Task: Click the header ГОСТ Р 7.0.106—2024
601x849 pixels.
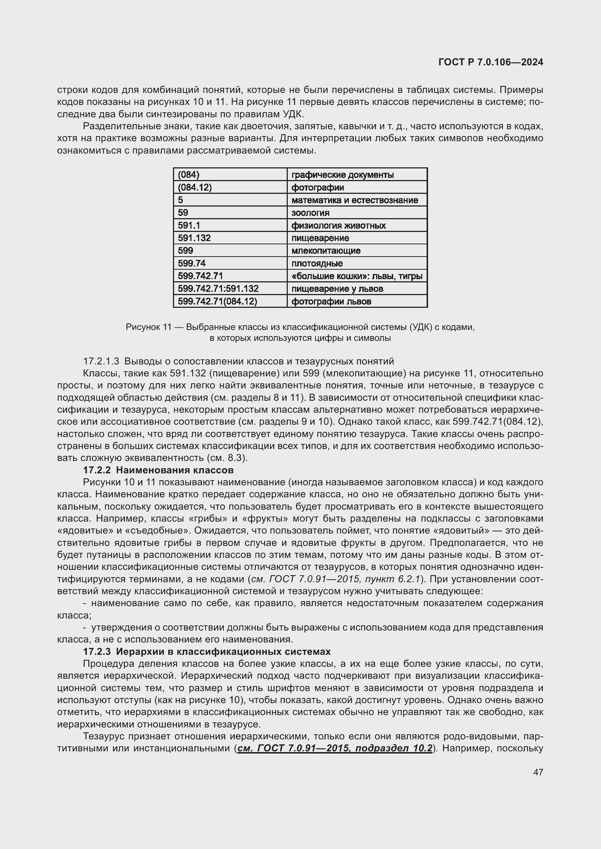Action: coord(490,62)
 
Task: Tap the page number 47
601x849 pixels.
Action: coord(538,772)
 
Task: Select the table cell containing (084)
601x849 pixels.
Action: coord(230,175)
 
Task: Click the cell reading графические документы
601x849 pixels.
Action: coord(357,175)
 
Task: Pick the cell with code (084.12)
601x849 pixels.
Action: coord(230,187)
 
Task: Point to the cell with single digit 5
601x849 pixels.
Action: coord(230,200)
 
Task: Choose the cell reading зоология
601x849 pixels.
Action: coord(357,213)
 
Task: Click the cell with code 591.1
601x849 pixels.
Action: coord(230,225)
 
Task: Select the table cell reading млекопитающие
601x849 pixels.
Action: coord(357,251)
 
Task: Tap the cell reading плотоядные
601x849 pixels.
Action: coord(357,263)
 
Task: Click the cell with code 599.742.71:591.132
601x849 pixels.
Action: coord(230,289)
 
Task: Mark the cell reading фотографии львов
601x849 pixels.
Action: coord(357,301)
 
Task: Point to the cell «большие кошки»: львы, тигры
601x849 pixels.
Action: coord(357,276)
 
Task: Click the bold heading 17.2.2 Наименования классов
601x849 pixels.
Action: coord(158,470)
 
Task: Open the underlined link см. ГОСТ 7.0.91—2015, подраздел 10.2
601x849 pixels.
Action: coord(335,748)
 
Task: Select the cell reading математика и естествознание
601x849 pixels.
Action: coord(357,200)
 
